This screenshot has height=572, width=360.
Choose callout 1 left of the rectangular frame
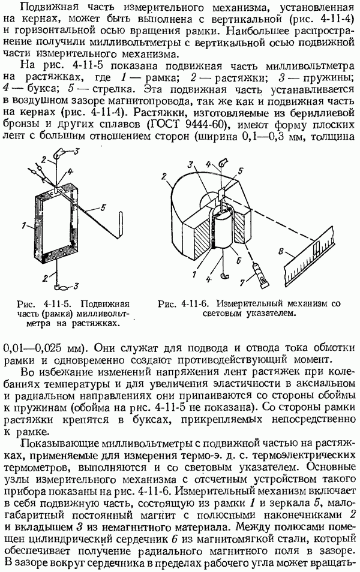[x=24, y=226]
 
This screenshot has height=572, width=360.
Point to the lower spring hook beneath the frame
[x=60, y=287]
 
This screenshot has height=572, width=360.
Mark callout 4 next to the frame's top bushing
[x=70, y=171]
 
